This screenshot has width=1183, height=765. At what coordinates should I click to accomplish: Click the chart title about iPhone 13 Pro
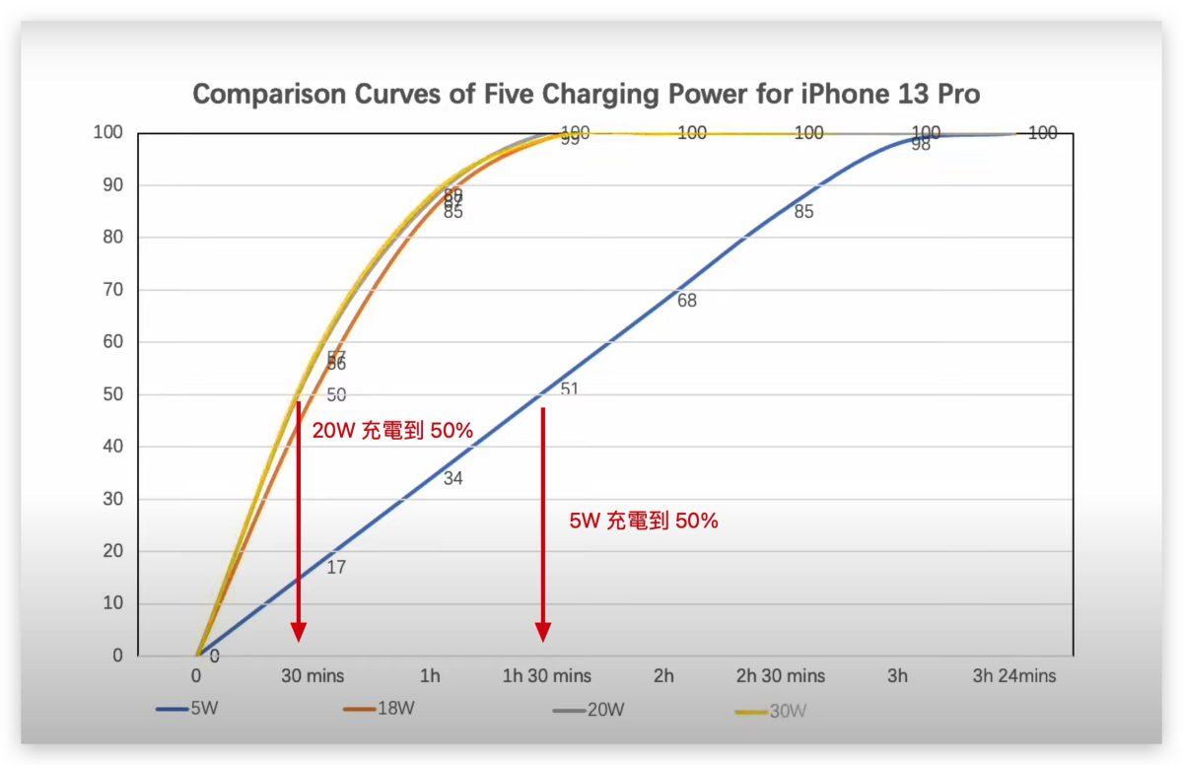[x=587, y=95]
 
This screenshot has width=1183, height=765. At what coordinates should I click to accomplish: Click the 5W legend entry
[x=186, y=709]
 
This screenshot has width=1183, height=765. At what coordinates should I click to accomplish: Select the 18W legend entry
[x=379, y=709]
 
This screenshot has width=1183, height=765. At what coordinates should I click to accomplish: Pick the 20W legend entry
[x=590, y=709]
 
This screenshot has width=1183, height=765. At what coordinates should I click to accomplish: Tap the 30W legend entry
[x=770, y=710]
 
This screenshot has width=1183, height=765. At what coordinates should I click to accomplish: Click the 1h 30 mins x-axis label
[x=547, y=676]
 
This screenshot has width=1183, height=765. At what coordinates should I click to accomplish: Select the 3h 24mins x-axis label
[x=1013, y=676]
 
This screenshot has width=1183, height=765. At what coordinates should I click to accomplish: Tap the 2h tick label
[x=663, y=676]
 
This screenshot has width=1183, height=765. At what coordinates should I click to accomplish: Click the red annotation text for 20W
[x=392, y=431]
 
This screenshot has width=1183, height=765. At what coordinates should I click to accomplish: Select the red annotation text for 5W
[x=644, y=522]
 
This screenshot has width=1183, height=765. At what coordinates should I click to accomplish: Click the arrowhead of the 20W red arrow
[x=298, y=632]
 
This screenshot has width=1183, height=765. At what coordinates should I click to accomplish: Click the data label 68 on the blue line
[x=687, y=301]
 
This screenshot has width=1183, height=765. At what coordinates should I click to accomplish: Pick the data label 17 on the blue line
[x=336, y=568]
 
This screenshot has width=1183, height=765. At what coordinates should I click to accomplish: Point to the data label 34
[x=453, y=479]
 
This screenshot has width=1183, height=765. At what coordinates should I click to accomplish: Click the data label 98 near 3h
[x=921, y=145]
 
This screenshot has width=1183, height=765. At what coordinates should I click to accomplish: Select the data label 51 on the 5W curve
[x=570, y=389]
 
